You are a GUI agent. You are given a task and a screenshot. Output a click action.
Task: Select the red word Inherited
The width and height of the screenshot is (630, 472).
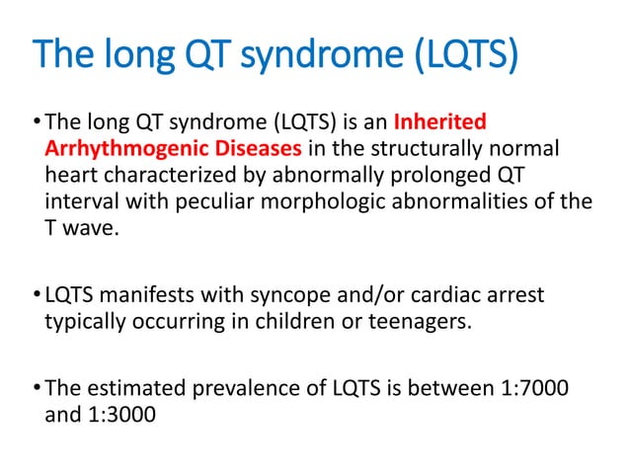[x=439, y=123]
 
